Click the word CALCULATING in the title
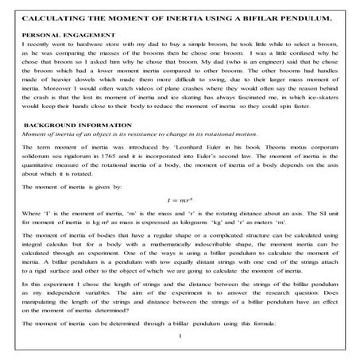47,17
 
